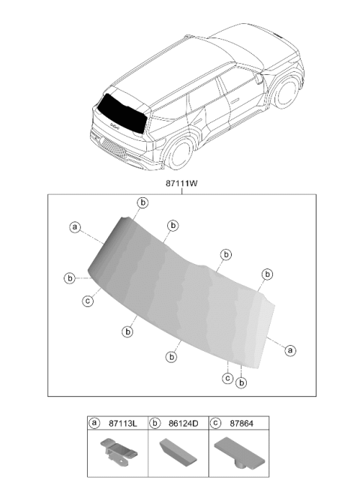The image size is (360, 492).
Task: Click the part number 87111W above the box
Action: (x=181, y=183)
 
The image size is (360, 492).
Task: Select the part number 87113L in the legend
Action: (x=123, y=423)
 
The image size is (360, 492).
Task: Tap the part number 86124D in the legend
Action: (x=183, y=423)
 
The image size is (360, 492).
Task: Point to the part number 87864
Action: (x=241, y=423)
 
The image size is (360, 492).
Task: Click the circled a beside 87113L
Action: (x=94, y=423)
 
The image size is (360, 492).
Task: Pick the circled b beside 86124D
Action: (x=154, y=423)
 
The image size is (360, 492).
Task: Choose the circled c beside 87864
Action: (x=215, y=423)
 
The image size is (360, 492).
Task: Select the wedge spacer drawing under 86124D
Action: (x=178, y=451)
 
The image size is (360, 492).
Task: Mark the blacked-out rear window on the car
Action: (x=121, y=113)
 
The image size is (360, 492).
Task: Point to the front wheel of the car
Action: (x=286, y=92)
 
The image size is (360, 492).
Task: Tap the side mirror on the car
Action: (x=259, y=78)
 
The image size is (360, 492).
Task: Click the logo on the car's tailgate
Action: (x=115, y=127)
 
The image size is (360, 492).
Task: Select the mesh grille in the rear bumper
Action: (x=114, y=147)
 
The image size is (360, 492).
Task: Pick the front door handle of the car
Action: (x=234, y=100)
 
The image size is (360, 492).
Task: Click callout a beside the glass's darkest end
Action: (x=75, y=226)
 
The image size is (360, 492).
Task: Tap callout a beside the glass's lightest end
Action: (x=290, y=349)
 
